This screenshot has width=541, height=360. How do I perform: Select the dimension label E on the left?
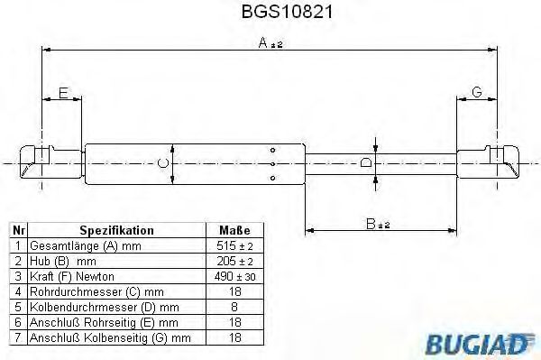tap(63, 92)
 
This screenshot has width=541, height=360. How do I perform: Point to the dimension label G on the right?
tap(477, 92)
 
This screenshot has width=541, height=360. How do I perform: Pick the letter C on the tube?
tap(162, 162)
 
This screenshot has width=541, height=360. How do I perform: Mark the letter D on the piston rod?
tap(365, 162)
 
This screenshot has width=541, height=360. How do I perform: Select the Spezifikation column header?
tap(117, 230)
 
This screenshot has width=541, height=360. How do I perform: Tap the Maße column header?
tap(234, 230)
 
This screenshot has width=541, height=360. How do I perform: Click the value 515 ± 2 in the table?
tap(234, 245)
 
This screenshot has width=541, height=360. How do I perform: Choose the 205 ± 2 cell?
tap(234, 260)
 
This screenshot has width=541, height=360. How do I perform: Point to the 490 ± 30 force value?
tap(234, 275)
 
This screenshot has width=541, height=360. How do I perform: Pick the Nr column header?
tap(17, 230)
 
